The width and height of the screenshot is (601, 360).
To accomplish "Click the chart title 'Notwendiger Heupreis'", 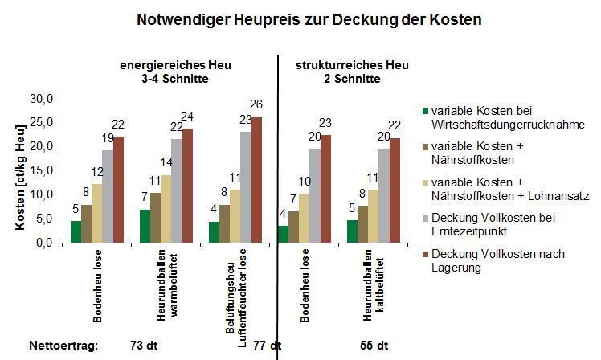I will [310, 19].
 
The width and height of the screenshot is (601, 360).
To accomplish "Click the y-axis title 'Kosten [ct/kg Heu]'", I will [20, 171].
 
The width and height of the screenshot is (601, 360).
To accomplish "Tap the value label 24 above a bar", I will [187, 117].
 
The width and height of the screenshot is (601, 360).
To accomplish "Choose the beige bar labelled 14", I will [166, 208].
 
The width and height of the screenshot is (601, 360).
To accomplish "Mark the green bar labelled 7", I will [145, 226].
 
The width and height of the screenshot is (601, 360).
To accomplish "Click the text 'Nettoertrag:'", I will [63, 346].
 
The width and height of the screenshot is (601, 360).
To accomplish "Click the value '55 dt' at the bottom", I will [374, 346].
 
